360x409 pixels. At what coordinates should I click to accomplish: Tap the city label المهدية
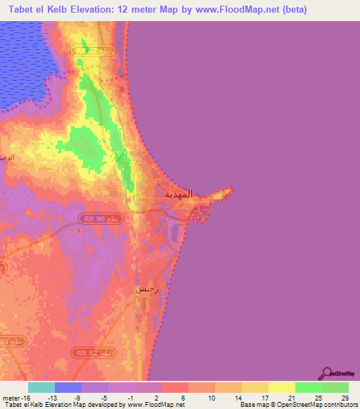(177, 193)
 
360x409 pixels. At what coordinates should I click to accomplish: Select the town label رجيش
(146, 289)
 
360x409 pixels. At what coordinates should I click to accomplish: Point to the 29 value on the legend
(343, 397)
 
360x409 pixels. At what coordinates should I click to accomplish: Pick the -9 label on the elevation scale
(77, 397)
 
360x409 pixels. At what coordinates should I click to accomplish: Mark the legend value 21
(290, 397)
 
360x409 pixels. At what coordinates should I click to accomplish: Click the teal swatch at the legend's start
(41, 387)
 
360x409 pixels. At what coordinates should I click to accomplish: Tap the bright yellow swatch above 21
(282, 387)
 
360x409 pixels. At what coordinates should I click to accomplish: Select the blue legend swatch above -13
(68, 387)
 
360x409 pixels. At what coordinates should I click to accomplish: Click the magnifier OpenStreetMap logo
(326, 372)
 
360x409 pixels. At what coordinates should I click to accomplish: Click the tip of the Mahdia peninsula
(231, 188)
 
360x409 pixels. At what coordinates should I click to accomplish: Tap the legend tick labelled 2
(156, 397)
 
